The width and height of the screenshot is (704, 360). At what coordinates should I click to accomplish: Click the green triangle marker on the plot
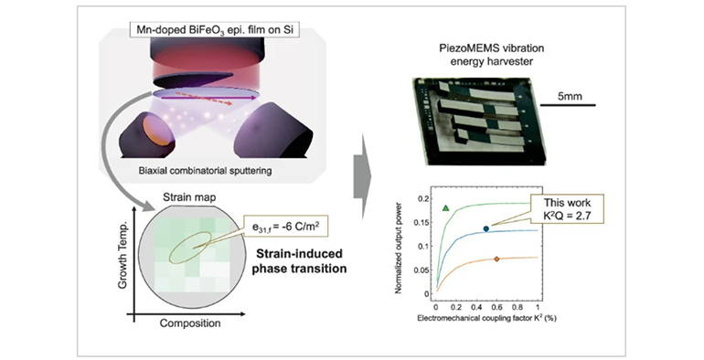(445, 208)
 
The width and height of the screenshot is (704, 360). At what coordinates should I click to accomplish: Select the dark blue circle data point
(485, 228)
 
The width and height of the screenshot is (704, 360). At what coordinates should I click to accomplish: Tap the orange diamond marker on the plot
(496, 259)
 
